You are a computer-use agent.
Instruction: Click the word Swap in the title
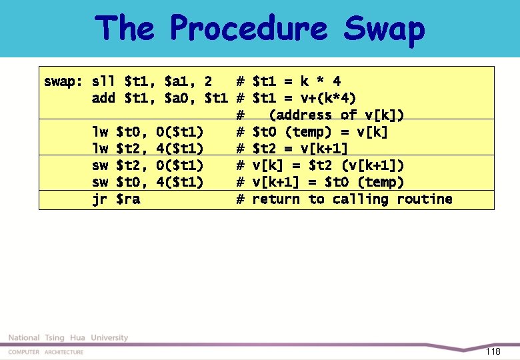pyautogui.click(x=384, y=29)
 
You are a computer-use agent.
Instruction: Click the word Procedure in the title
pyautogui.click(x=248, y=29)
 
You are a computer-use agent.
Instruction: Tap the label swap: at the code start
pyautogui.click(x=63, y=82)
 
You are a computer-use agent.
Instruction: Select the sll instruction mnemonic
pyautogui.click(x=103, y=82)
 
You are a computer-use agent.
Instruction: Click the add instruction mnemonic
pyautogui.click(x=103, y=99)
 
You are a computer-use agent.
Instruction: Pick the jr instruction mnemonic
pyautogui.click(x=99, y=199)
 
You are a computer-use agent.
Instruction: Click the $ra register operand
pyautogui.click(x=128, y=199)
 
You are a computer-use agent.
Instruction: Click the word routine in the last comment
pyautogui.click(x=424, y=199)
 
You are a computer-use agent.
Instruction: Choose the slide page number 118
pyautogui.click(x=493, y=351)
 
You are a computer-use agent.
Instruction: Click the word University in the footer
pyautogui.click(x=109, y=338)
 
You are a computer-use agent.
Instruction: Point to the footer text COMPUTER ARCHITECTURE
pyautogui.click(x=46, y=352)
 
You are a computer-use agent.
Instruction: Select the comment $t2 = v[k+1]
pyautogui.click(x=300, y=149)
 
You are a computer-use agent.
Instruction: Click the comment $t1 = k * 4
pyautogui.click(x=297, y=82)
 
